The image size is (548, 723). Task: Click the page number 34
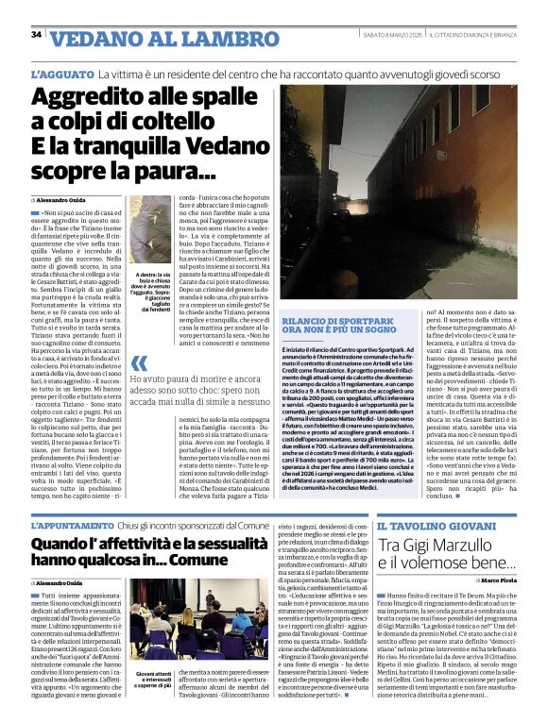(x=36, y=35)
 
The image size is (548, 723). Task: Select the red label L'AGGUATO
(x=60, y=73)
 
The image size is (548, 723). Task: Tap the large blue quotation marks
(x=140, y=363)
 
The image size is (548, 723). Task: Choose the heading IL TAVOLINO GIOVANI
(x=432, y=525)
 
